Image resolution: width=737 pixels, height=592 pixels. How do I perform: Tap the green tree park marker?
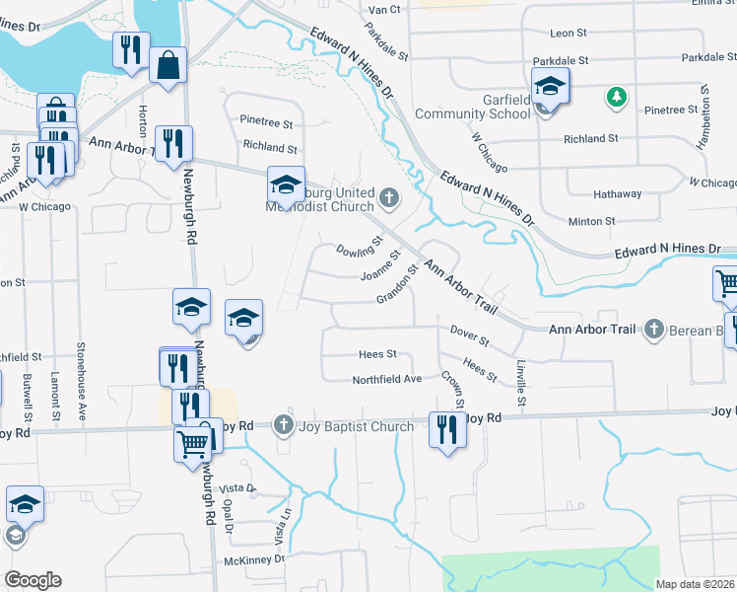617,97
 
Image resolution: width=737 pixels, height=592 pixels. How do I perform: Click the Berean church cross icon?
653,329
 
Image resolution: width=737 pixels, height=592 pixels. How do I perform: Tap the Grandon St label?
398,285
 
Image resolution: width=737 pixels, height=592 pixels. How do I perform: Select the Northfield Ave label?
387,379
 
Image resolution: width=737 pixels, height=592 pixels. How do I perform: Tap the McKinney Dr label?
253,559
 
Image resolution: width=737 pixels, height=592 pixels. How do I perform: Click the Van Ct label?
384,9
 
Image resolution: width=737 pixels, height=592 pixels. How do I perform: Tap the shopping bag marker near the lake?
168,65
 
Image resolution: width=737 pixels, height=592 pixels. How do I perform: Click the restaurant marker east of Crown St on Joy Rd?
446,429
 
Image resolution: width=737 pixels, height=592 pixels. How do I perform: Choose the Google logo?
32,580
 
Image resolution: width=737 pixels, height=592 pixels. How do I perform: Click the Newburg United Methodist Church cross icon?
389,198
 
